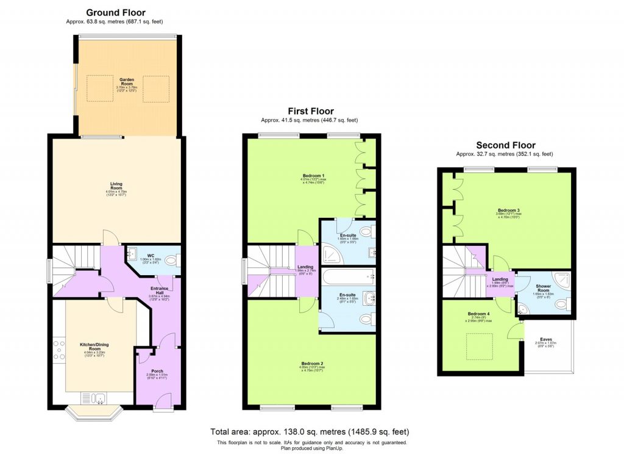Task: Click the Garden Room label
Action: point(127,81)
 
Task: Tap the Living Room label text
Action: point(116,185)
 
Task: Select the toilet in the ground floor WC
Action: point(171,261)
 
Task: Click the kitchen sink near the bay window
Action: point(99,398)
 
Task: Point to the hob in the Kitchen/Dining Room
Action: point(61,351)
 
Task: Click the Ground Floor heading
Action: point(116,12)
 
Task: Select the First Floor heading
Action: point(311,111)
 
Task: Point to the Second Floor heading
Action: point(506,145)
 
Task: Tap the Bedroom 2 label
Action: point(311,364)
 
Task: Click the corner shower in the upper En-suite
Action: point(334,250)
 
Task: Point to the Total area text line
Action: point(310,431)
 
